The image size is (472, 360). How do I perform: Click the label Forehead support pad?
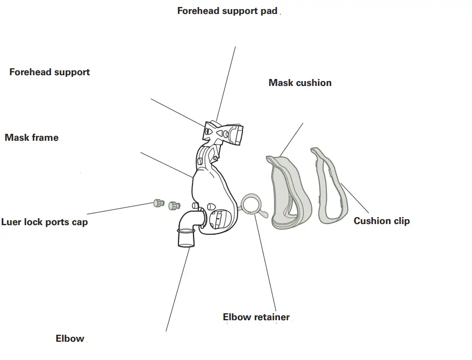227,11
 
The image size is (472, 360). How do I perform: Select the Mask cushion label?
300,83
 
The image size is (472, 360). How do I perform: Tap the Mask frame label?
32,138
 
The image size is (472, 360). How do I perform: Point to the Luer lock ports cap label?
44,222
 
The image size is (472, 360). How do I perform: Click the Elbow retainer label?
256,317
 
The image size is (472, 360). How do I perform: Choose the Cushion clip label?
381,221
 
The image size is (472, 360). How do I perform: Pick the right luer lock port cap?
174,205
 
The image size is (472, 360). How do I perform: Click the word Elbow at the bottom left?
70,339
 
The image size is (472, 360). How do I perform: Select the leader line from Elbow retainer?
266,263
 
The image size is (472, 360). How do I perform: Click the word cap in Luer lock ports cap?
78,222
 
